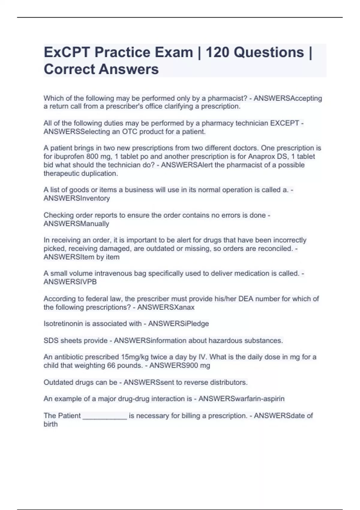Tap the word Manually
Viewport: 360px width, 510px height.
pyautogui.click(x=93, y=224)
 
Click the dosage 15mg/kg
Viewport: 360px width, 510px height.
pyautogui.click(x=135, y=357)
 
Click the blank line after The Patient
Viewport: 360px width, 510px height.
pyautogui.click(x=105, y=416)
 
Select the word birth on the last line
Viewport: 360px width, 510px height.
pyautogui.click(x=50, y=424)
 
